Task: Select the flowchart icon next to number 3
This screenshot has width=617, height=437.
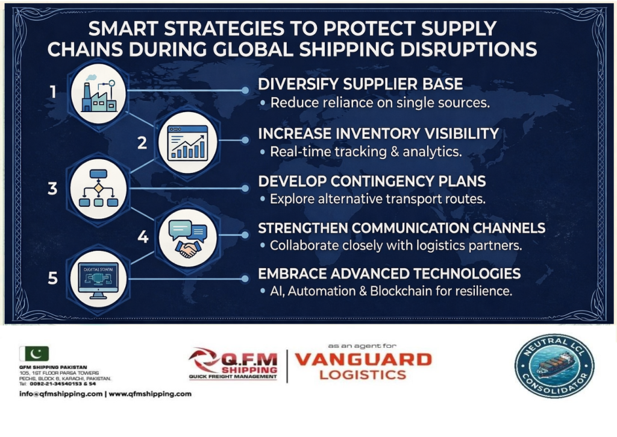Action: pos(98,188)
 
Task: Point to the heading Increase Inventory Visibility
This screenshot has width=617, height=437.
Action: pos(378,133)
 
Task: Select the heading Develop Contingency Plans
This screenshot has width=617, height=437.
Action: pos(372,181)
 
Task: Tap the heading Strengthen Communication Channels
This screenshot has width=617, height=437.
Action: pos(401,228)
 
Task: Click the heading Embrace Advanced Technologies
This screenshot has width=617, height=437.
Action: pos(389,274)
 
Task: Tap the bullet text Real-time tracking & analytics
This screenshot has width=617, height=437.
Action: pos(366,152)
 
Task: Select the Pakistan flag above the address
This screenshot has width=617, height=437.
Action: pos(34,354)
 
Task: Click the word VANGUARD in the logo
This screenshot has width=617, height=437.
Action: pos(363,360)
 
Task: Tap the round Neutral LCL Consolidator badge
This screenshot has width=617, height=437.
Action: pos(554,366)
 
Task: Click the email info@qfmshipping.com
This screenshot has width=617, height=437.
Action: pos(60,394)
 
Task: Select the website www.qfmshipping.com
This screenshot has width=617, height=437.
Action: pos(150,394)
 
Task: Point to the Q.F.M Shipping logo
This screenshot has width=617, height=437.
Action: pos(235,364)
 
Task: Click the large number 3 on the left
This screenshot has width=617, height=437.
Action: pos(53,189)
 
